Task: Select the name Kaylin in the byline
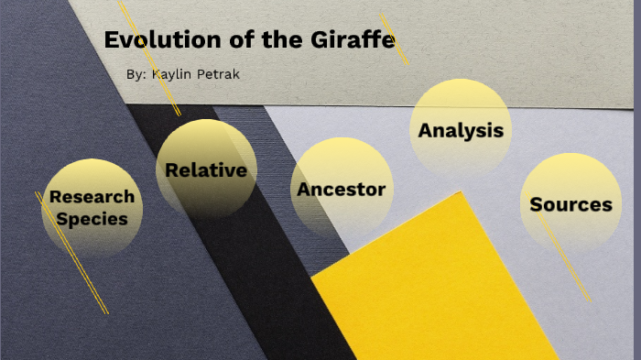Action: coord(178,73)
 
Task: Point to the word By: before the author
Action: coord(136,73)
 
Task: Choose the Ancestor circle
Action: coord(342,189)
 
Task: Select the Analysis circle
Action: coord(460,128)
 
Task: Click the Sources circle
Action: coord(570,203)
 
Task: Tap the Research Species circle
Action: coord(92,207)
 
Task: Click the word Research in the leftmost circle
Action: coord(92,196)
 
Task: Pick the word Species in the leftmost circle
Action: coord(92,219)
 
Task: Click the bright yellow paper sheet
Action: coord(440,293)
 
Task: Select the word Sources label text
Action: coord(570,204)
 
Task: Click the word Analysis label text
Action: coord(460,130)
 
